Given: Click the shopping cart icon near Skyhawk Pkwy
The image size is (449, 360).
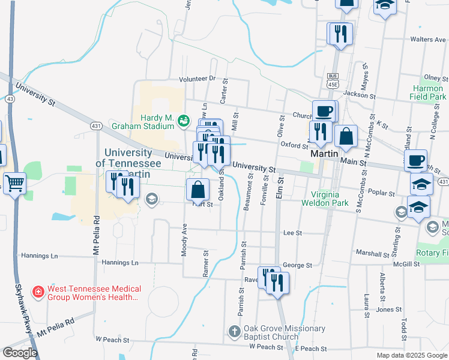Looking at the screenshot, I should coord(14,183).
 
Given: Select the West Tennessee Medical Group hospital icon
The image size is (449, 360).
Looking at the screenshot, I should coord(38,292).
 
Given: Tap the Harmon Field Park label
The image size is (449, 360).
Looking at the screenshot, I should coord(428,92).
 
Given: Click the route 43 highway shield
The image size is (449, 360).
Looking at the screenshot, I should coord(10,98).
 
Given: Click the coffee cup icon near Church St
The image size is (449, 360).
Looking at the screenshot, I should coord(325,112).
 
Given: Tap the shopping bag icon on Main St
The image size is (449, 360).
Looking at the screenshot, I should coord(346,137).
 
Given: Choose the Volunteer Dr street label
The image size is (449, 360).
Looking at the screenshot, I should coord(196,79).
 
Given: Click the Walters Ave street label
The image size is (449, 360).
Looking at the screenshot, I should coord(427,40).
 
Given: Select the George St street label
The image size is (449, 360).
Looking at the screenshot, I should coord(297,265).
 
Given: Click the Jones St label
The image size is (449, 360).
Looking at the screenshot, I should coord(388,310).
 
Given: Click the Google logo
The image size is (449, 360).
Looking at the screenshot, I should coord(20,352).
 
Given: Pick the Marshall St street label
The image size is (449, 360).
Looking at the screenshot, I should coord(373,254).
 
